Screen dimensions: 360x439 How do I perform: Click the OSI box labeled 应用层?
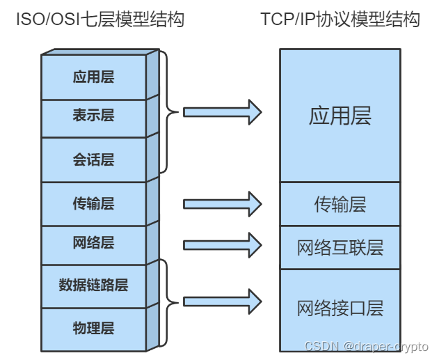93,77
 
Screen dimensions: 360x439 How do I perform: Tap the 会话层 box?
93,159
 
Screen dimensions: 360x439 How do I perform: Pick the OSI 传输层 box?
93,203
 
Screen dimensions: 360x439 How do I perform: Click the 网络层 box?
93,244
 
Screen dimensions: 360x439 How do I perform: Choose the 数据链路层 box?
93,285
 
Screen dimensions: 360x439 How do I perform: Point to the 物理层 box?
93,328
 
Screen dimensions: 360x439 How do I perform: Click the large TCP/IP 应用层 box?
340,116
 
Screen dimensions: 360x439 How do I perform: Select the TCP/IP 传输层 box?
340,204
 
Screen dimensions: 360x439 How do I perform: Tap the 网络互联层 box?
340,247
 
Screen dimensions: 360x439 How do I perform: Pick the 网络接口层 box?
340,308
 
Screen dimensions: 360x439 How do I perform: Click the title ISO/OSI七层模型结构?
100,19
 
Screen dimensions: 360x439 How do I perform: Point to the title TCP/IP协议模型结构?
340,19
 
